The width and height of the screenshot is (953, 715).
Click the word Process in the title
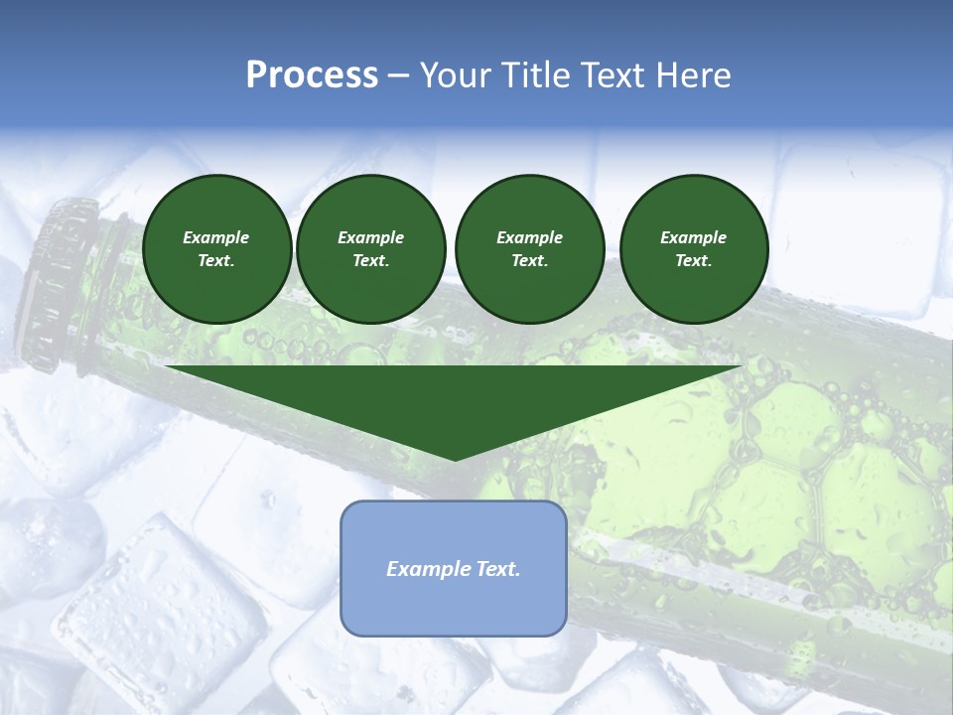(x=312, y=75)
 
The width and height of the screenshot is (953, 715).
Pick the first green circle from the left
(x=217, y=248)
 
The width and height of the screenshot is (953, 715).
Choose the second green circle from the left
(x=370, y=248)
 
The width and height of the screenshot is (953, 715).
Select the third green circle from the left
(x=529, y=248)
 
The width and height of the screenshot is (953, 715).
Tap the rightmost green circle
(x=693, y=248)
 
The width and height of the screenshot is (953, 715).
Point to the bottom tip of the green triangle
(x=455, y=459)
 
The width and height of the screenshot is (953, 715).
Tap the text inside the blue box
(x=454, y=569)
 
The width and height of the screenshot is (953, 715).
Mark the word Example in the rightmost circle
(x=693, y=237)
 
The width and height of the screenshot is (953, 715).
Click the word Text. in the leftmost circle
(x=216, y=260)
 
